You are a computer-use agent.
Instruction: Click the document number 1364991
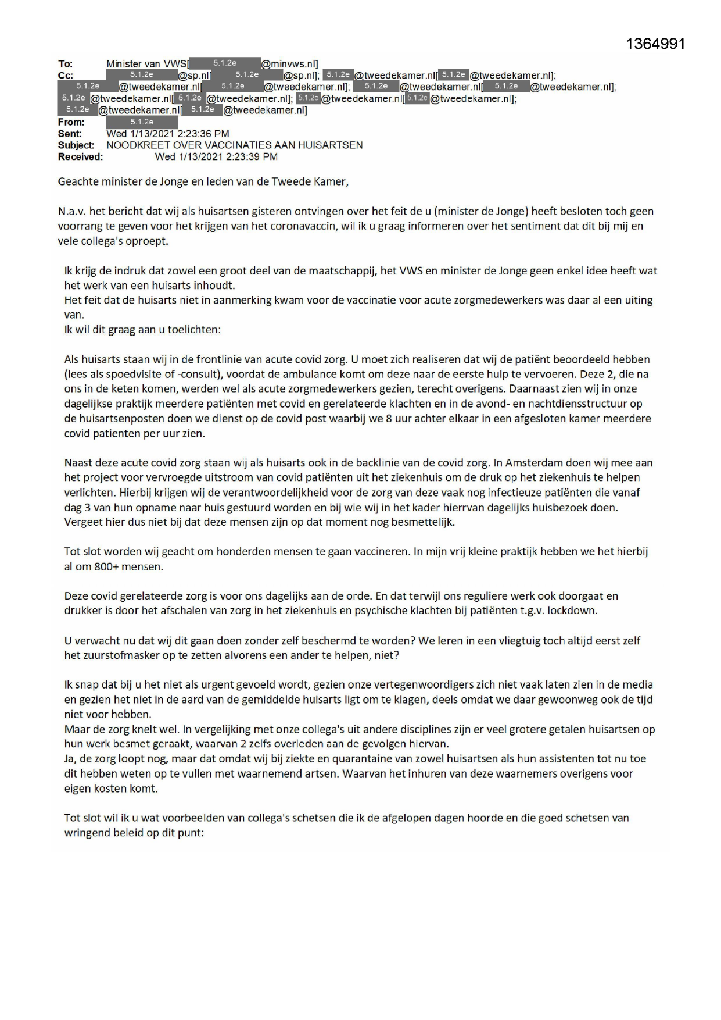[x=657, y=44]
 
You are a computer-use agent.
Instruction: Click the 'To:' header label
[x=66, y=64]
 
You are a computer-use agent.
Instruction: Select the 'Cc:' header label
[x=66, y=76]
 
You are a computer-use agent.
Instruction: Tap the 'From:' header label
[x=71, y=122]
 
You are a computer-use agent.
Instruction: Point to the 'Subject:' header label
[x=76, y=145]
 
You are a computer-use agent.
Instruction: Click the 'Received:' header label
[x=80, y=157]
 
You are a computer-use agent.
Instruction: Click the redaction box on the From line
[x=142, y=122]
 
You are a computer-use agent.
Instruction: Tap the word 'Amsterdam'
[x=528, y=463]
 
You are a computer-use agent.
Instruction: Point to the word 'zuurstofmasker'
[x=113, y=655]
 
